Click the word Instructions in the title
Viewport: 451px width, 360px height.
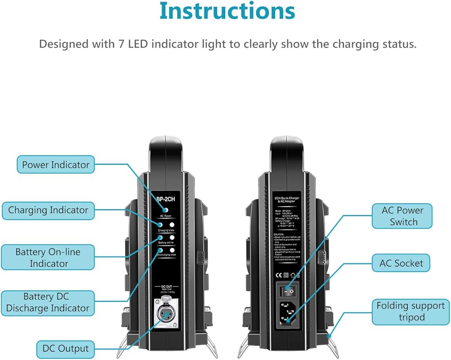pyautogui.click(x=227, y=12)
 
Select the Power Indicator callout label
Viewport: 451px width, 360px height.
pyautogui.click(x=55, y=164)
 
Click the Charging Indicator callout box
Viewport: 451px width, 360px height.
pyautogui.click(x=48, y=210)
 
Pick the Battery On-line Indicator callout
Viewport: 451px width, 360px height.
pyautogui.click(x=49, y=257)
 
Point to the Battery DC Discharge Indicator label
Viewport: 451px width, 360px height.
pyautogui.click(x=48, y=302)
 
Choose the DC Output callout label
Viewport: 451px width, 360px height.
pyautogui.click(x=63, y=348)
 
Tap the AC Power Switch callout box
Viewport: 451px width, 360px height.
pyautogui.click(x=403, y=216)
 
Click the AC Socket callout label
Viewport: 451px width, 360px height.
pyautogui.click(x=401, y=263)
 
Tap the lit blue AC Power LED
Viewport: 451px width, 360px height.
pyautogui.click(x=166, y=210)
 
